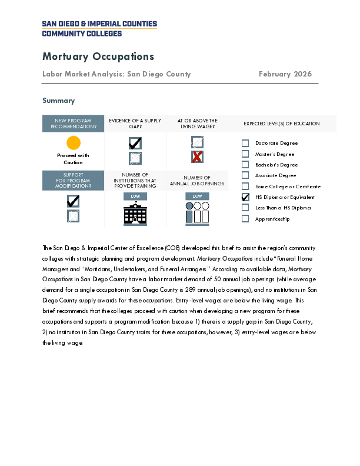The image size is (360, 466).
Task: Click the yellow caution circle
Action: click(73, 142)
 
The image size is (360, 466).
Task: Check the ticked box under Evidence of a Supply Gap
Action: click(135, 143)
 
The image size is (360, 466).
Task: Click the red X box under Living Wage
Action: click(197, 157)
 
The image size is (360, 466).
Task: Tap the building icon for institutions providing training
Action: click(135, 214)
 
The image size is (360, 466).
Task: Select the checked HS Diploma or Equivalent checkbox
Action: click(246, 197)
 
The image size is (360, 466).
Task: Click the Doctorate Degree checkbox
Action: click(246, 143)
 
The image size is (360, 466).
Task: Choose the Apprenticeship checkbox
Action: click(246, 219)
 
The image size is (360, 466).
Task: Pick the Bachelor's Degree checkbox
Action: click(246, 165)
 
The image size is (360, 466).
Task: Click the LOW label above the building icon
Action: click(135, 196)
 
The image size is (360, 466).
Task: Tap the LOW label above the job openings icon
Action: click(197, 196)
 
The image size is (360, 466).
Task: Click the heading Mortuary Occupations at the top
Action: click(98, 56)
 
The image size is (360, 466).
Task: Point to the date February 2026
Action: click(285, 74)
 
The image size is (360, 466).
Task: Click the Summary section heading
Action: click(58, 101)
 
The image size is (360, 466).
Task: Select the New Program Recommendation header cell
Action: click(73, 124)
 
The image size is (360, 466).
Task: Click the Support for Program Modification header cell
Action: click(73, 180)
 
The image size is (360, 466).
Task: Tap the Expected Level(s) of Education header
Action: click(282, 124)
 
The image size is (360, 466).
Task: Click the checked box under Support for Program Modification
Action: click(74, 201)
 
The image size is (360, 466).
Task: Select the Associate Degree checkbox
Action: click(246, 175)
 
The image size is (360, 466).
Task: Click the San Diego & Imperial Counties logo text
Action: click(99, 28)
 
